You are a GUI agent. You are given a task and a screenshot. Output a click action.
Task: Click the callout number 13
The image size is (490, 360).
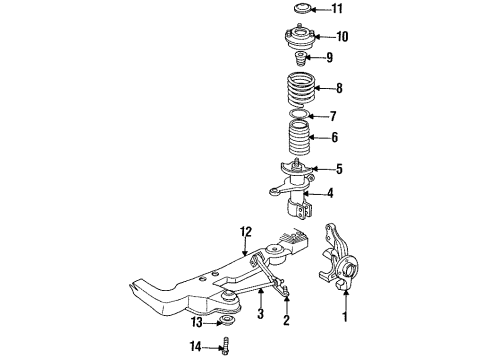click(x=195, y=323)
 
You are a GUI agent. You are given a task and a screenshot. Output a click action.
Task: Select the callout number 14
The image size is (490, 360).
click(x=195, y=347)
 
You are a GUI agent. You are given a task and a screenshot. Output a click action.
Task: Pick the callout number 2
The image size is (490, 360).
click(x=286, y=321)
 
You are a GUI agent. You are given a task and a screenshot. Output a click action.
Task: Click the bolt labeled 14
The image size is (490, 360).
click(x=227, y=346)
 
